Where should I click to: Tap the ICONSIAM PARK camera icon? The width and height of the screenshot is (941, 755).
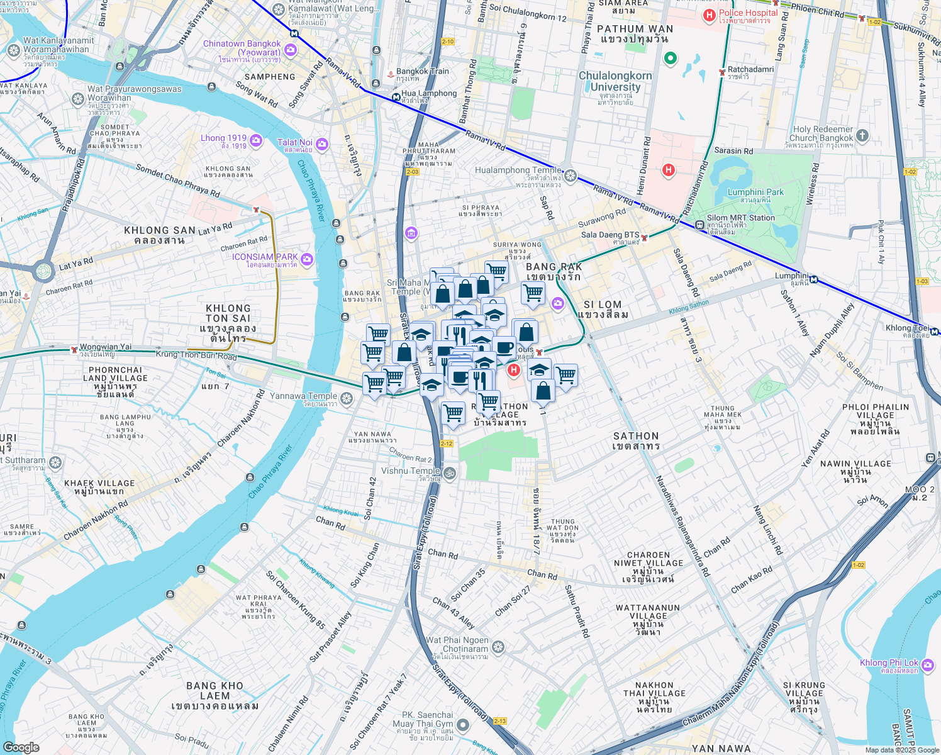click(x=307, y=259)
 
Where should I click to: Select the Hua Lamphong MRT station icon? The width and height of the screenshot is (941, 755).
click(x=395, y=98)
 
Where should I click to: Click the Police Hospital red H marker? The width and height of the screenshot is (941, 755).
click(x=710, y=15)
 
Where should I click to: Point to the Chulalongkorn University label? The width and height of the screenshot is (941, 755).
click(x=615, y=81)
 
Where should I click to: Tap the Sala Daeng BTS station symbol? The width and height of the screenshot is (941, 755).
click(x=644, y=237)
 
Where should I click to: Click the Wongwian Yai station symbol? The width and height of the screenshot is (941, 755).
click(x=74, y=349)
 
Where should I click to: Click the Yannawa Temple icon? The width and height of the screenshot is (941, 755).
click(x=346, y=398)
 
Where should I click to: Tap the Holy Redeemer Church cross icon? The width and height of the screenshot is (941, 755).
click(x=862, y=135)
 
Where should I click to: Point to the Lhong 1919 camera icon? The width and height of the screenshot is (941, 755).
click(x=255, y=141)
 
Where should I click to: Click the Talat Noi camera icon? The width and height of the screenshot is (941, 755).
click(x=321, y=145)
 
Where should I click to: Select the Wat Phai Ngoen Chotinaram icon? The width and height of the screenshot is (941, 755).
click(x=498, y=647)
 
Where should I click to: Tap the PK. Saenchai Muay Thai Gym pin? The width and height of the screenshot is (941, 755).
click(x=463, y=726)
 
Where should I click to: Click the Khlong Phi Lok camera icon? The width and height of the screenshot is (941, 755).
click(x=927, y=665)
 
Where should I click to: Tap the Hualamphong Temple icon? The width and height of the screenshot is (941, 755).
click(x=571, y=176)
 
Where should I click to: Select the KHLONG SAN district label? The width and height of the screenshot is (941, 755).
click(x=155, y=235)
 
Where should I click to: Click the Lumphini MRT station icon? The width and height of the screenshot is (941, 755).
click(x=813, y=279)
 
